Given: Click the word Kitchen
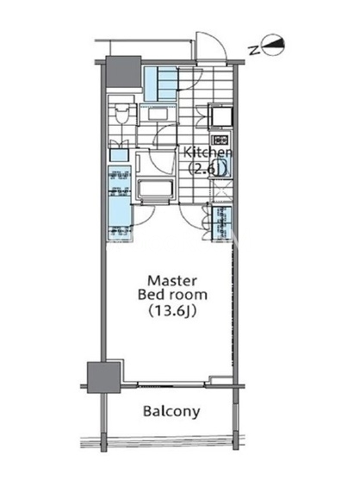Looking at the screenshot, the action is [x=207, y=153].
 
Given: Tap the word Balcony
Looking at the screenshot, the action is [x=171, y=411].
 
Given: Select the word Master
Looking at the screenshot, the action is [x=172, y=280].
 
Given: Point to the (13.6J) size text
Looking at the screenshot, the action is [x=172, y=311].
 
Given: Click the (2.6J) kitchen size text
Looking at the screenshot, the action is [x=207, y=168].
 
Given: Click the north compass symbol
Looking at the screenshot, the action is [x=274, y=45].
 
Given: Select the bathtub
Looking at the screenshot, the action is [x=155, y=189].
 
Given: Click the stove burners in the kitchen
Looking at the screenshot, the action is [x=220, y=140].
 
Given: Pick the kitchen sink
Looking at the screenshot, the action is [x=221, y=166].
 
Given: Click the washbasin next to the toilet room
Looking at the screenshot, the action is [x=158, y=115].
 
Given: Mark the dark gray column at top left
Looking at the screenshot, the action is [x=123, y=72].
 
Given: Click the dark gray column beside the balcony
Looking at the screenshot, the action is [x=103, y=377].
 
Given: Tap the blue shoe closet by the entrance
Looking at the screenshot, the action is [x=161, y=84].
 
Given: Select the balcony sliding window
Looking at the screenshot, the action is [x=171, y=383].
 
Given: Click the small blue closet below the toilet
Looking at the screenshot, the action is [x=119, y=155].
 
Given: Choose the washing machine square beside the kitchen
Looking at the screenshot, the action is [x=220, y=115].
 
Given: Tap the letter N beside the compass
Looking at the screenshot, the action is [x=253, y=50].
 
